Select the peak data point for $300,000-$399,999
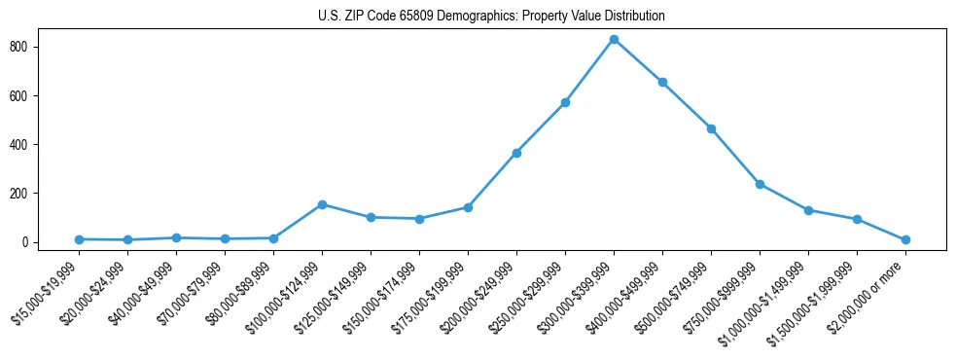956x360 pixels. [x=614, y=40]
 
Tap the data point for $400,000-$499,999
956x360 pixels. [x=662, y=83]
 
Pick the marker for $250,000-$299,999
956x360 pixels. [x=565, y=102]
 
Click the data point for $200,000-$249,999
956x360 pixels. [x=516, y=153]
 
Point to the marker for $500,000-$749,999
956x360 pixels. [x=711, y=128]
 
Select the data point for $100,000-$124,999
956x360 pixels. [x=322, y=204]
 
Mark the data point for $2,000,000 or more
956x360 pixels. [x=905, y=239]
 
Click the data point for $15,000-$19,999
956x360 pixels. [x=79, y=239]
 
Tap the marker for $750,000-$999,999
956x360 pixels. [x=760, y=184]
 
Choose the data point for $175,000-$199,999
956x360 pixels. [x=468, y=207]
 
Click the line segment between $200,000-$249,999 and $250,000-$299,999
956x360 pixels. [x=541, y=127]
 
